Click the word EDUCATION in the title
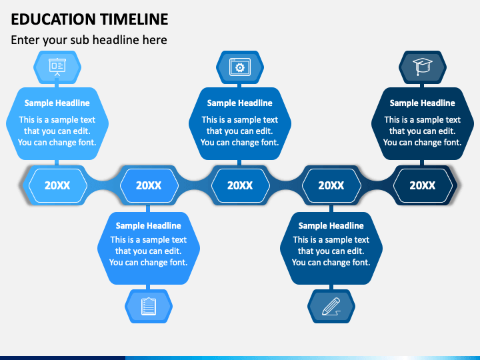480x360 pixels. [x=53, y=19]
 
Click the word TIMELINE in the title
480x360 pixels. [x=135, y=19]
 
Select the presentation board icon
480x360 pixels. [x=57, y=67]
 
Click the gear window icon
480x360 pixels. [x=240, y=67]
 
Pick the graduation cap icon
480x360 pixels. [x=423, y=67]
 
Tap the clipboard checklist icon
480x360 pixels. [x=149, y=306]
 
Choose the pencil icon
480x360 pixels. [x=331, y=307]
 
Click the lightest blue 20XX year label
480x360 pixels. [x=57, y=185]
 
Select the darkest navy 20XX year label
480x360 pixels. [x=423, y=185]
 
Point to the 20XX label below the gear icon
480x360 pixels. [x=240, y=185]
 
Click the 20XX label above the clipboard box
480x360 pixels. [x=149, y=185]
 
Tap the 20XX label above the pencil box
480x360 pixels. [x=331, y=185]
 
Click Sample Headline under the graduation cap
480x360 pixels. [x=422, y=103]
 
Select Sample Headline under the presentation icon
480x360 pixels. [x=57, y=103]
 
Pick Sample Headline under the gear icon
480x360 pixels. [x=240, y=103]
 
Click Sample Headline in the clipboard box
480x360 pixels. [x=149, y=225]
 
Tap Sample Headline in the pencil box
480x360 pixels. [x=331, y=225]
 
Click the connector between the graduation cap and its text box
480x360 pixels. [x=422, y=85]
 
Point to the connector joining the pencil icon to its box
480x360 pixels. [x=331, y=287]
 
